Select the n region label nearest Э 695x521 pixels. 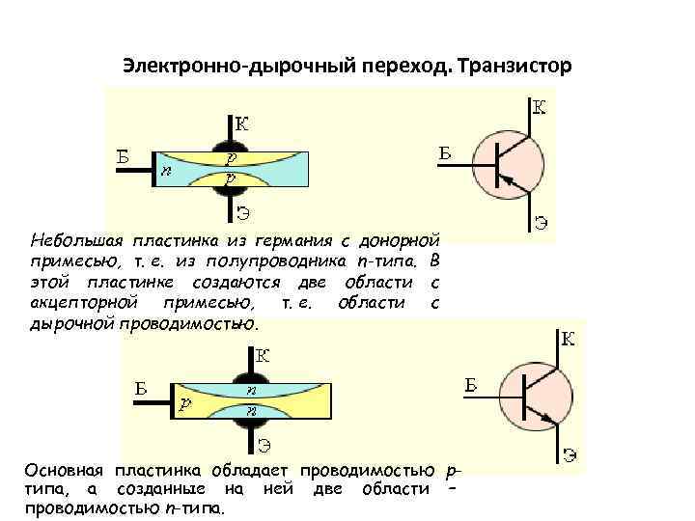pos(252,410)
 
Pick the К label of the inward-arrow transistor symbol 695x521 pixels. pos(539,106)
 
